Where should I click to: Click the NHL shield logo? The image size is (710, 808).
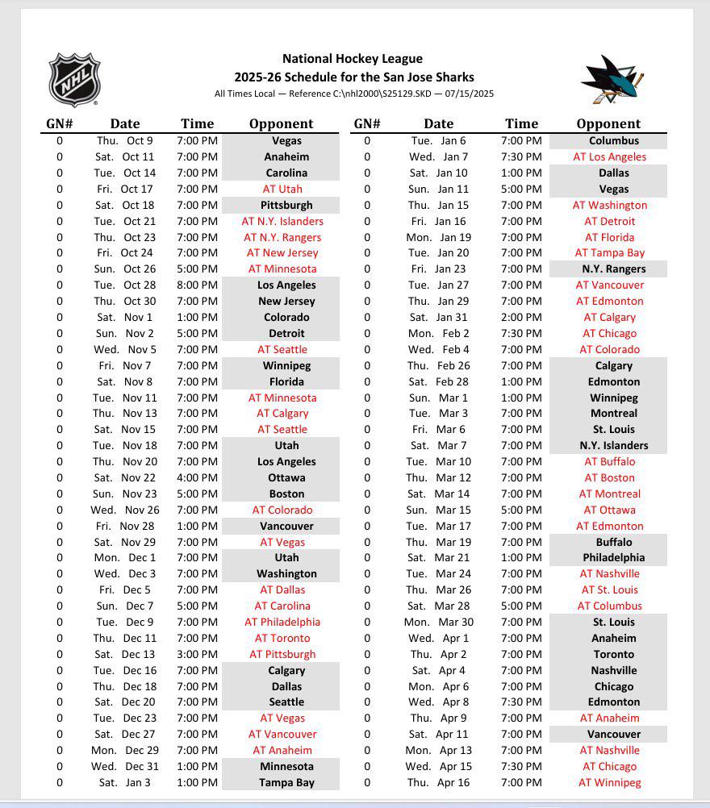point(74,79)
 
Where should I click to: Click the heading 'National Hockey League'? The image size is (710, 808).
point(353,59)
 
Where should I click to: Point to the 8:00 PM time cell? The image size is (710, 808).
point(197,285)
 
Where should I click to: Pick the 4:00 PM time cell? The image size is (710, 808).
point(197,477)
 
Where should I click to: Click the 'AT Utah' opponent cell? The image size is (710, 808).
point(282,189)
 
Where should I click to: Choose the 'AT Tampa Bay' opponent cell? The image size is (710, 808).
point(610,252)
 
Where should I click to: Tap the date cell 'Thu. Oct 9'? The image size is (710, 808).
point(124,140)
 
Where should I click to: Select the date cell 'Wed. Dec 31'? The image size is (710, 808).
point(124,766)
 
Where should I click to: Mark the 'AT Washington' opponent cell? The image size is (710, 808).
point(610,205)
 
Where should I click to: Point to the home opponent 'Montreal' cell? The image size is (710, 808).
point(613,413)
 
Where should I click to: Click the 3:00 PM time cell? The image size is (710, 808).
point(197,654)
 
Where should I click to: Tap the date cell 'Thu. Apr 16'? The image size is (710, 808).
point(438,782)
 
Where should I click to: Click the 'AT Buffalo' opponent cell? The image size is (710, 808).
point(610,461)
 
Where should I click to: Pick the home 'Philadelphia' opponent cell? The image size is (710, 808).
point(613,557)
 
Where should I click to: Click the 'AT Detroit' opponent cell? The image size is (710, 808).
point(610,221)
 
